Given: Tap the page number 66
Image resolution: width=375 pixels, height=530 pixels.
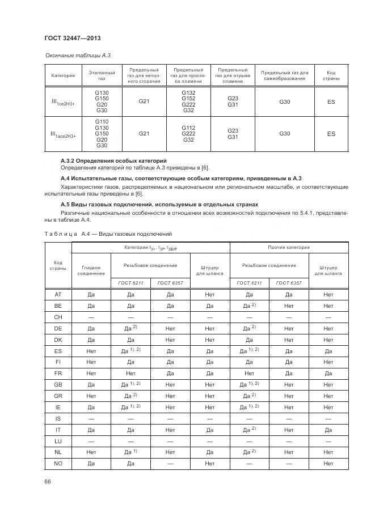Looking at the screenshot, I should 48,482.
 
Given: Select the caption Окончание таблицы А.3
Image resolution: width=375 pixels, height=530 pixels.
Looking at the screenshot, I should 73,56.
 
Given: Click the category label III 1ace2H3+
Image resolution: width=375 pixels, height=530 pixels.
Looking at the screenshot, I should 63,134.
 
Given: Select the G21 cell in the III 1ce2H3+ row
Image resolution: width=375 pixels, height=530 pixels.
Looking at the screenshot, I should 144,101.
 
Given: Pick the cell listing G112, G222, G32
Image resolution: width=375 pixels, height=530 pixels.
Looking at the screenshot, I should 188,134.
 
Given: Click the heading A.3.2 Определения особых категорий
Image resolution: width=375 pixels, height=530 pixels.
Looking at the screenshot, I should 109,161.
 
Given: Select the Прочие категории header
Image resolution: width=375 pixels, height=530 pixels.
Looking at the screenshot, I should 289,248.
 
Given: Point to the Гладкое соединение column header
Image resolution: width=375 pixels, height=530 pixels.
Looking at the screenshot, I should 91,270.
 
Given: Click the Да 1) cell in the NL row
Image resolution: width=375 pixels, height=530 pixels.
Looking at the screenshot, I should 130,452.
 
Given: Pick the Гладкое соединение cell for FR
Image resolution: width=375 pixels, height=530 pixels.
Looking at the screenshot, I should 91,374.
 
